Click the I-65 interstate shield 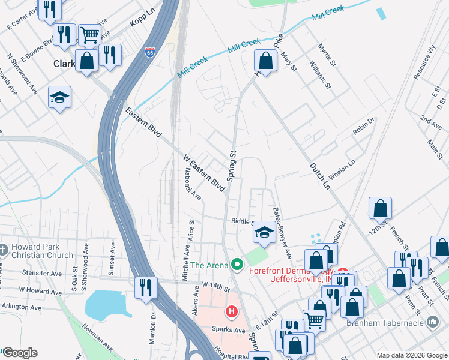(150, 53)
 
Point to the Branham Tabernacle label (393, 323)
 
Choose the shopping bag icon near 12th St (381, 208)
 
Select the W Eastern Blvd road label (203, 174)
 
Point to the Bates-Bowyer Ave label (282, 233)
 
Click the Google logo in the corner (19, 353)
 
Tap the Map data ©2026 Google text (411, 355)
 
